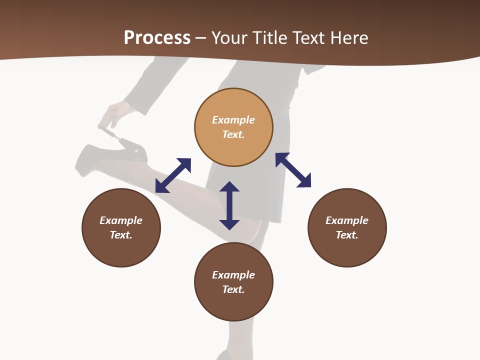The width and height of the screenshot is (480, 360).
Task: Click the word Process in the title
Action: pyautogui.click(x=157, y=38)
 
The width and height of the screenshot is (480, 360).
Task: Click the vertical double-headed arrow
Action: pyautogui.click(x=229, y=205)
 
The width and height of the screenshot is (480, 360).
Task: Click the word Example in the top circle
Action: pyautogui.click(x=233, y=120)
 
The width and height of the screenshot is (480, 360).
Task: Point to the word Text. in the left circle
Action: pyautogui.click(x=121, y=235)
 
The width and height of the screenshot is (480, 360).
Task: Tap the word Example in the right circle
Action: pyautogui.click(x=347, y=220)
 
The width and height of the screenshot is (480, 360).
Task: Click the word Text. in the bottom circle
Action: pyautogui.click(x=233, y=289)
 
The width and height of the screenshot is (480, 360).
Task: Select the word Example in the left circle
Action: pyautogui.click(x=121, y=220)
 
